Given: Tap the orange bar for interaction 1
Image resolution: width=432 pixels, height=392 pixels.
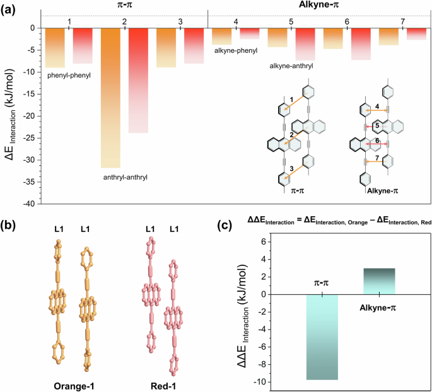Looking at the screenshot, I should coord(55,48).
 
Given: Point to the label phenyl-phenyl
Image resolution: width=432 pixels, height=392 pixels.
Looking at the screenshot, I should coord(69,76).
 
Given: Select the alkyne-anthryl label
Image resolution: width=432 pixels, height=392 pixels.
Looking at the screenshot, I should coord(291,66).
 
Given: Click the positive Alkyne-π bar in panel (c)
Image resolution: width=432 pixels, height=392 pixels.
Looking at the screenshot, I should coord(378,281).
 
